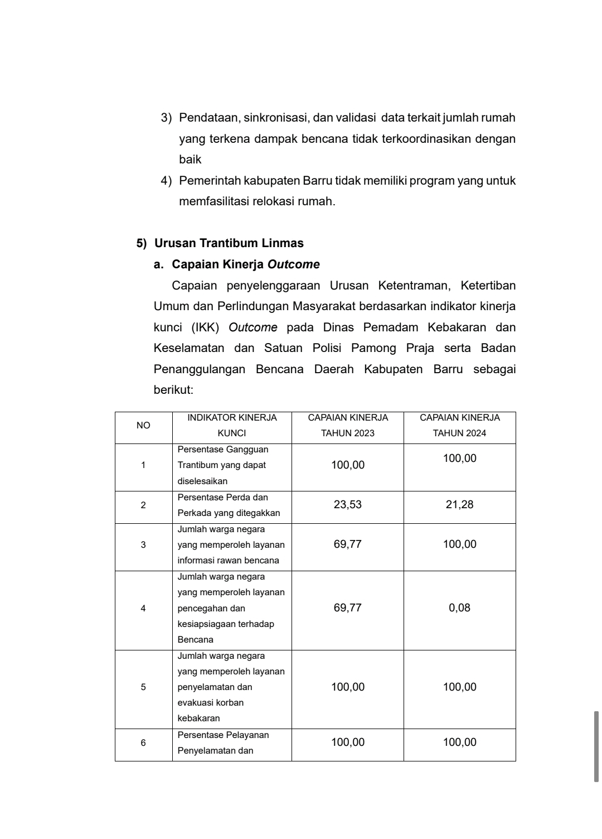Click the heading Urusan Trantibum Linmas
point(229,243)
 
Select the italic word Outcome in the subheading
point(293,264)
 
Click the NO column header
point(143,426)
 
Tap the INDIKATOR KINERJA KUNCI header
point(232,425)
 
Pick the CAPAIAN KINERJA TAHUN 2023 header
point(348,425)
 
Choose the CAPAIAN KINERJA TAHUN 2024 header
point(460,425)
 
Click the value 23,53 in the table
point(348,505)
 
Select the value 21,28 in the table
point(460,505)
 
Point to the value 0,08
point(460,608)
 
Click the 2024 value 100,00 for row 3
point(460,544)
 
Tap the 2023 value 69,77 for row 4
point(348,608)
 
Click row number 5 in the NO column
point(143,687)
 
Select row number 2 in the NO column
point(143,505)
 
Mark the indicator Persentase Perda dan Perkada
point(229,505)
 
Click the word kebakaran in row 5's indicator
point(198,719)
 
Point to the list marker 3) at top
point(166,118)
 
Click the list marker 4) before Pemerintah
point(166,181)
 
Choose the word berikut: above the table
point(173,390)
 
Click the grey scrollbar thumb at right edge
point(596,746)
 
